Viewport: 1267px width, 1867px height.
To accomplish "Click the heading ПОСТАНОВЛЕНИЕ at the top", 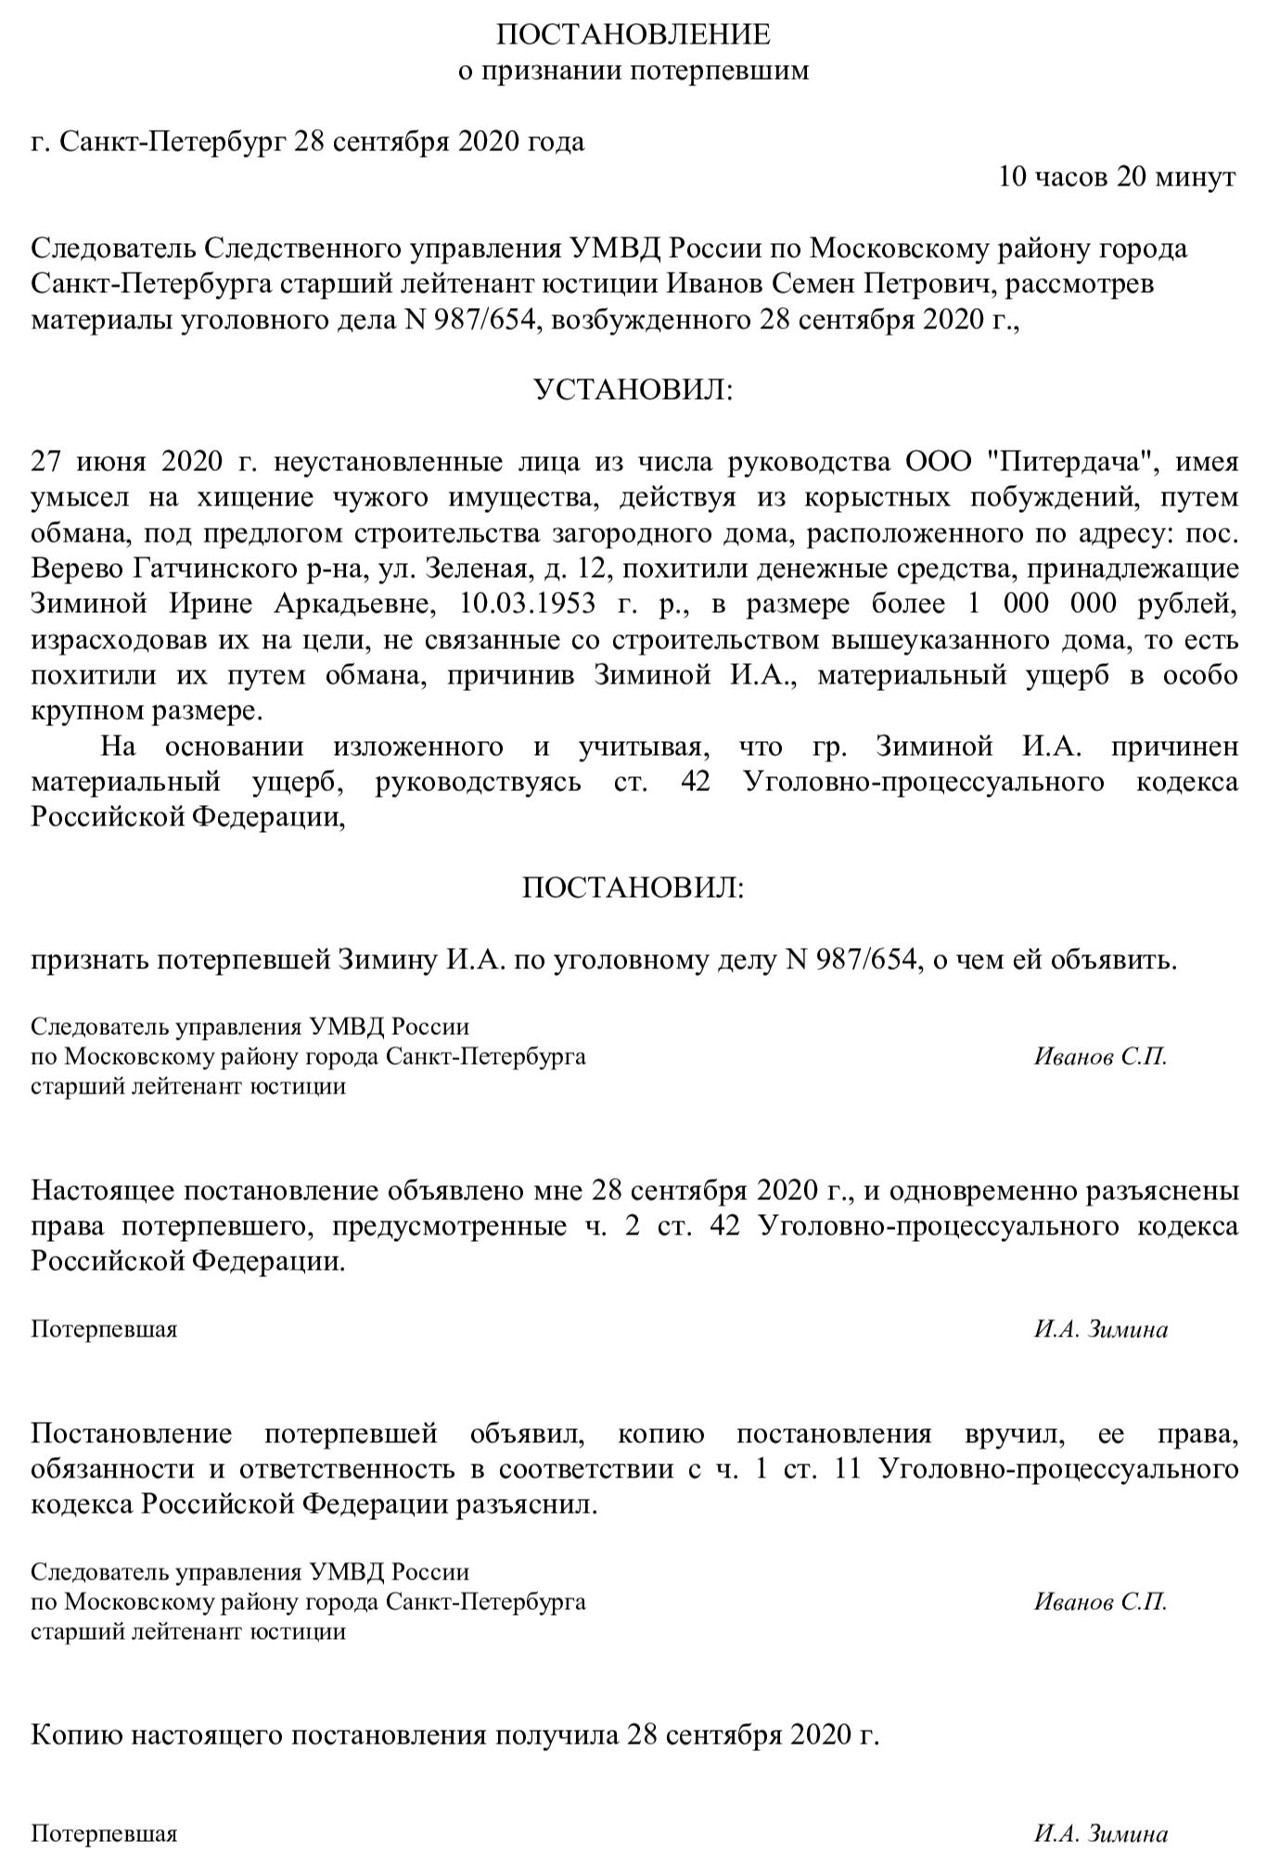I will coord(633,34).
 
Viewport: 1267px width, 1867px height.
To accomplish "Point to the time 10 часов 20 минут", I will coord(1117,176).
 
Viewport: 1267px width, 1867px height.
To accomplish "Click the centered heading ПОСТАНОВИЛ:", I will coord(633,889).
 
